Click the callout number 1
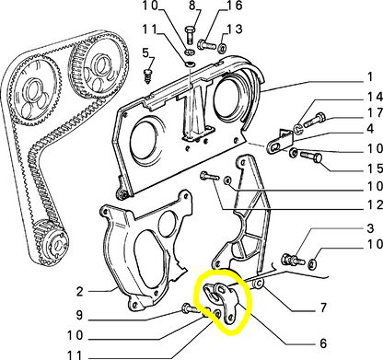pyautogui.click(x=370, y=76)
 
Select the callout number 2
pyautogui.click(x=79, y=291)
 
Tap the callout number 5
pyautogui.click(x=145, y=52)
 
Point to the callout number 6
pyautogui.click(x=323, y=343)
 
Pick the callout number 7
pyautogui.click(x=323, y=308)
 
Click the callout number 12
pyautogui.click(x=375, y=204)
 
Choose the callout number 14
pyautogui.click(x=375, y=97)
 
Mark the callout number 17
pyautogui.click(x=375, y=113)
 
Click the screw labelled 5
pyautogui.click(x=148, y=75)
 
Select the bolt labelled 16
pyautogui.click(x=207, y=45)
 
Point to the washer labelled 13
pyautogui.click(x=222, y=48)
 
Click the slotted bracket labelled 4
pyautogui.click(x=280, y=142)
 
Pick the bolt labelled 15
pyautogui.click(x=311, y=157)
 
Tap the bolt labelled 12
pyautogui.click(x=210, y=177)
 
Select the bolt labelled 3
pyautogui.click(x=293, y=260)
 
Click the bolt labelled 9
pyautogui.click(x=191, y=308)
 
